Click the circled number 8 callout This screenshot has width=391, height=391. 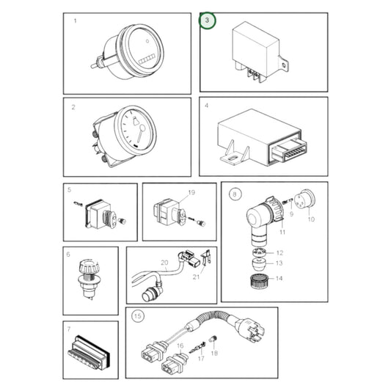(234, 194)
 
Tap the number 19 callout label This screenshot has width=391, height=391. (191, 193)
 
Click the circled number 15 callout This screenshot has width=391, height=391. (137, 317)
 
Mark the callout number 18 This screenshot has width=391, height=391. (215, 354)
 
